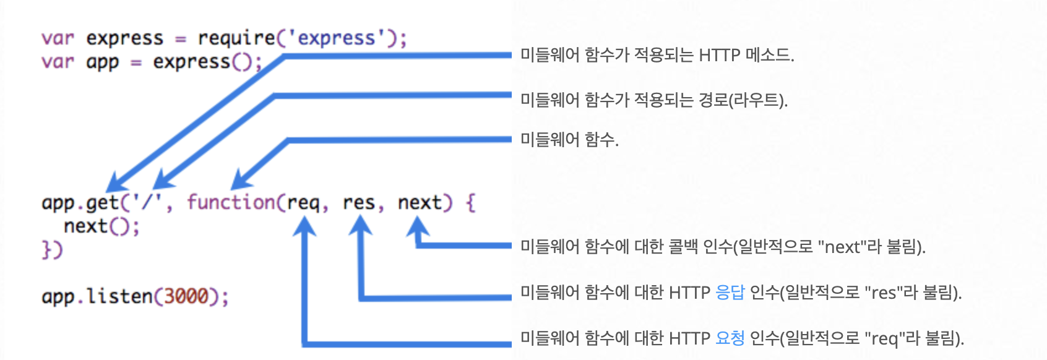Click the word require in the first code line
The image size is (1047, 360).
click(236, 38)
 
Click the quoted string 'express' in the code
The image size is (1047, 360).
click(336, 38)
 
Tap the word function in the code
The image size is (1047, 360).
click(231, 202)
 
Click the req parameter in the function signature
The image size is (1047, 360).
click(303, 203)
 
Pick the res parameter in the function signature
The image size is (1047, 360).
click(359, 203)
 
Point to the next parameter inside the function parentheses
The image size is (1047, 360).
click(420, 203)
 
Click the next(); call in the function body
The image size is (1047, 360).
click(101, 226)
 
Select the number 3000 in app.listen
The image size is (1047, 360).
click(186, 296)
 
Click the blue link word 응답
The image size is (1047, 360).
click(730, 292)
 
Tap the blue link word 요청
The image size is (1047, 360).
click(730, 338)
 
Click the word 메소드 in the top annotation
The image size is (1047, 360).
click(769, 56)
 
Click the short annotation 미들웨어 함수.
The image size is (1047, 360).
click(569, 140)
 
